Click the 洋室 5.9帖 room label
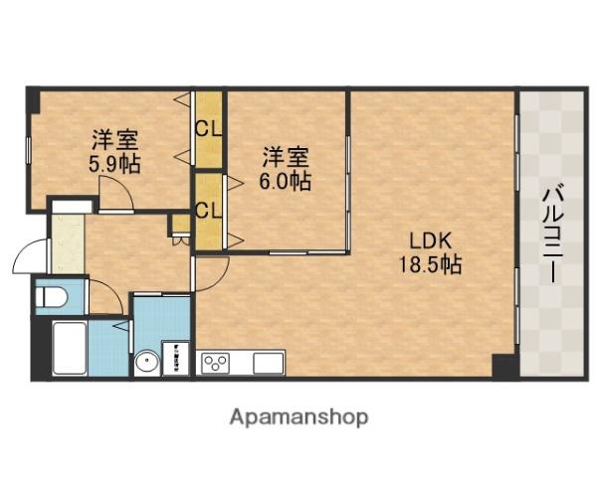(111, 152)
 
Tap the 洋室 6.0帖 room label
(286, 168)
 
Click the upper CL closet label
(208, 128)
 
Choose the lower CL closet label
(208, 210)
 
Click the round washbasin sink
(147, 363)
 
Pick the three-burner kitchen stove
(216, 363)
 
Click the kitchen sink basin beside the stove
(267, 363)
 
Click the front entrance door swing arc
(27, 258)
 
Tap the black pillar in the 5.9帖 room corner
(33, 99)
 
